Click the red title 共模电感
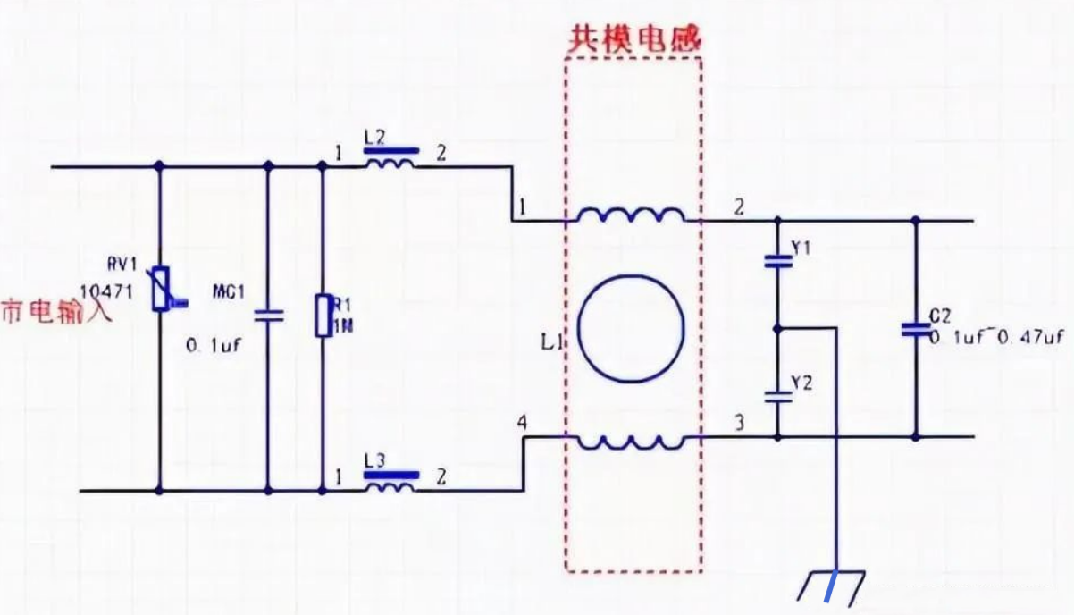[635, 38]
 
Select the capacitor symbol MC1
[267, 315]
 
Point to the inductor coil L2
[390, 163]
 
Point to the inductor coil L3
[390, 487]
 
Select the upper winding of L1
[631, 216]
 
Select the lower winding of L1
[631, 441]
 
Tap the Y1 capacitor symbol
[777, 262]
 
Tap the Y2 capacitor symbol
[777, 396]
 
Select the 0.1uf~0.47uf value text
[995, 338]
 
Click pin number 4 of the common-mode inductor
[521, 419]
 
